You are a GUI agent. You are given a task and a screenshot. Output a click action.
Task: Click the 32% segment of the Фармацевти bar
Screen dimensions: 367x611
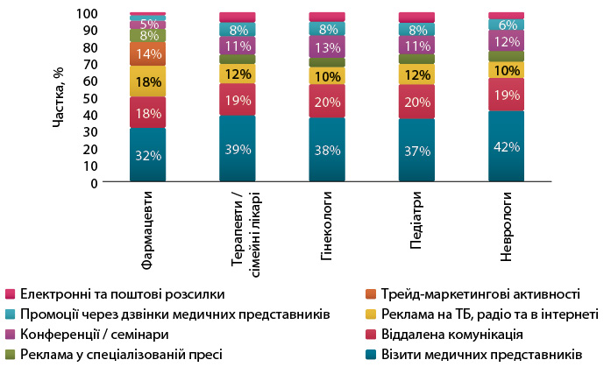point(147,155)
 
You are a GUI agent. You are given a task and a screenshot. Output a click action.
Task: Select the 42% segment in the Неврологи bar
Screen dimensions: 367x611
point(506,146)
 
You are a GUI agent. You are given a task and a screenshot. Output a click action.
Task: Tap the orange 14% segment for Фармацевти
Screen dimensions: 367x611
point(147,53)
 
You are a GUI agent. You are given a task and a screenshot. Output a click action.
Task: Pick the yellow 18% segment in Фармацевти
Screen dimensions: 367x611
point(147,81)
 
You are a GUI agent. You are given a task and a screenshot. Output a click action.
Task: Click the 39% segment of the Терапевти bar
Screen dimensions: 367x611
point(237,149)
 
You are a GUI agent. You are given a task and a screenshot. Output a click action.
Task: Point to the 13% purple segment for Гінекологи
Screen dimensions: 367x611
point(326,46)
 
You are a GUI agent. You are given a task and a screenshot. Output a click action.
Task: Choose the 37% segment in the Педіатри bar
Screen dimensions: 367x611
point(416,151)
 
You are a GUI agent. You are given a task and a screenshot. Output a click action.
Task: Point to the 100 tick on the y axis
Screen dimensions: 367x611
point(86,13)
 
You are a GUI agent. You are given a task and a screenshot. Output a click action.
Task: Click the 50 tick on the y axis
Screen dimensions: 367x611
point(89,98)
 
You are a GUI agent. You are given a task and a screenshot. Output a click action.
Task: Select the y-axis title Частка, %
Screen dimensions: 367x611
point(59,97)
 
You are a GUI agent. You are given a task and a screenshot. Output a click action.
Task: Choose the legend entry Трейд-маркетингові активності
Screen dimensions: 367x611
point(482,293)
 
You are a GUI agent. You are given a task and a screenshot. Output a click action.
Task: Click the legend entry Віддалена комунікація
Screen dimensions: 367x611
point(455,334)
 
